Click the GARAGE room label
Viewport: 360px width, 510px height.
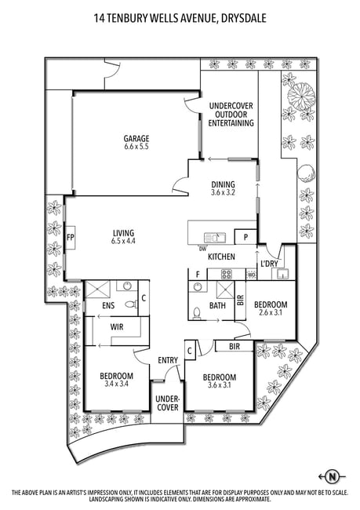[x=136, y=139]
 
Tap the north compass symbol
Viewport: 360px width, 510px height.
[x=332, y=477]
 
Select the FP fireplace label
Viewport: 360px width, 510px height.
[x=71, y=238]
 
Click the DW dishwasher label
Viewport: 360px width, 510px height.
[x=202, y=249]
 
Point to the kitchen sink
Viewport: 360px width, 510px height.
[x=214, y=238]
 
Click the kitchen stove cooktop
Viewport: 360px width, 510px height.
[x=227, y=275]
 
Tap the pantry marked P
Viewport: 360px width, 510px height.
[x=245, y=237]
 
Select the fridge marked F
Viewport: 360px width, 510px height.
[x=198, y=275]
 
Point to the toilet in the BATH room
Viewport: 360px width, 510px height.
[x=196, y=314]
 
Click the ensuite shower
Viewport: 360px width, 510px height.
[x=97, y=290]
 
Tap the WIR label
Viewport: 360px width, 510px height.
[x=117, y=327]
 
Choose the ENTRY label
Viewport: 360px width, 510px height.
[x=168, y=360]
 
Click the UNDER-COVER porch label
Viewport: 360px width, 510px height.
[x=167, y=403]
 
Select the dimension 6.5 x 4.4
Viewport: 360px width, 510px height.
[x=124, y=241]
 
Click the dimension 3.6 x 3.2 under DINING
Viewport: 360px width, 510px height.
[x=223, y=192]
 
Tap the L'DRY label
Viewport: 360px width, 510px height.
[x=270, y=264]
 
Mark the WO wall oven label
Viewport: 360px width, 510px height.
[x=252, y=275]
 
